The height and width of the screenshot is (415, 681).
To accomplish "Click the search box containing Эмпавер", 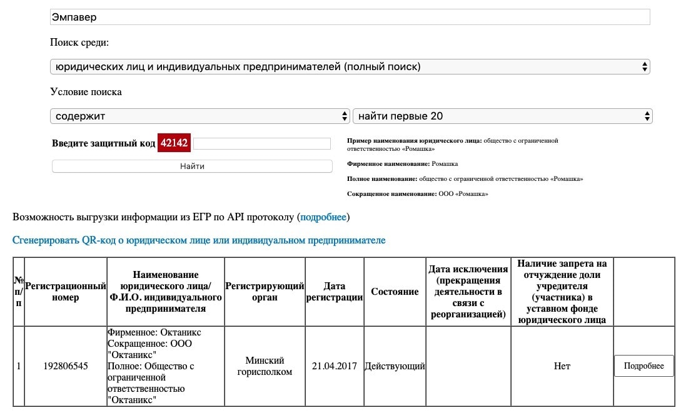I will pos(350,18).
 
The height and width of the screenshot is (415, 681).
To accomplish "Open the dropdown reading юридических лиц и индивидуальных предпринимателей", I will pos(350,66).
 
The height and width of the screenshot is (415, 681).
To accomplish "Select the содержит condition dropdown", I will pos(199,116).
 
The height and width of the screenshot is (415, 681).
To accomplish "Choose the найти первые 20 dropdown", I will pos(502,116).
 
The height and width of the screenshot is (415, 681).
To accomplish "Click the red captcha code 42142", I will pos(174,143).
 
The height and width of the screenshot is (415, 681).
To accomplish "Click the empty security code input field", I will pos(261,144).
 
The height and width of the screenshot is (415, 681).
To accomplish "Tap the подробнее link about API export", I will pos(323,217).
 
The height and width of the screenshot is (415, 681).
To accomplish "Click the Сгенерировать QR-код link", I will pos(199,240).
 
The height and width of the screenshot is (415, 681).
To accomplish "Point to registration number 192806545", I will pos(66,366).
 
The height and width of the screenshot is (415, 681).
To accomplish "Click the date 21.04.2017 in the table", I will pos(335,366).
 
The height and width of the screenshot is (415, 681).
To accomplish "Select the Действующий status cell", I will pos(395,366).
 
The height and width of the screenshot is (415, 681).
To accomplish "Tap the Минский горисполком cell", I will pos(265,366).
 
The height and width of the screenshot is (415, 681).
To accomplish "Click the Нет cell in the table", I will pos(562,366).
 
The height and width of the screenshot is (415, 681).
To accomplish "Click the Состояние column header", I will pos(395,292).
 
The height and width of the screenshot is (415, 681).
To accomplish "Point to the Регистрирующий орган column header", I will pos(265,292).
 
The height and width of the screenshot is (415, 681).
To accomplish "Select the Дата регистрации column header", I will pos(335,292).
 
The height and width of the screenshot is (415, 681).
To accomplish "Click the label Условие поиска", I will pos(86,92).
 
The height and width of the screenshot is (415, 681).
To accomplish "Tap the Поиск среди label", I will pos(79,43).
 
